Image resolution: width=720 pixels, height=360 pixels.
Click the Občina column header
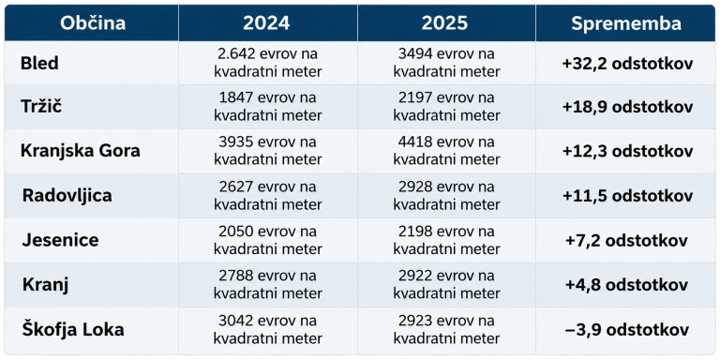tap(92, 23)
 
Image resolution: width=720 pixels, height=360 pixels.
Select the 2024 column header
tap(266, 23)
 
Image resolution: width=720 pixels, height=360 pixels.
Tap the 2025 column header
tap(444, 23)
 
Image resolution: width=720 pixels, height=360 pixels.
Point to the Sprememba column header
tap(626, 23)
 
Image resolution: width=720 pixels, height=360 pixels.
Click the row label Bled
tap(39, 64)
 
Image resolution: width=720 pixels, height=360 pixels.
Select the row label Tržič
tap(41, 107)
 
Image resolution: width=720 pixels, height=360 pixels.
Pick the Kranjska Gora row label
tap(81, 152)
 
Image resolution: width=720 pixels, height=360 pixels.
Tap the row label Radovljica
tap(67, 196)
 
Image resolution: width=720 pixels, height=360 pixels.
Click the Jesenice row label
tap(60, 240)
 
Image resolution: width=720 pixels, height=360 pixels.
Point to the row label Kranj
tap(45, 285)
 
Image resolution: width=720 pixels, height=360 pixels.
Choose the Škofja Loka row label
tap(73, 330)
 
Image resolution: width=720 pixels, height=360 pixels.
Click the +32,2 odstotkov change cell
tap(627, 64)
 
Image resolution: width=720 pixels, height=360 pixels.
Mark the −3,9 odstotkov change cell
tap(627, 330)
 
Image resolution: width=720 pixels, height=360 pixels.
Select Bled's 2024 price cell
tap(268, 63)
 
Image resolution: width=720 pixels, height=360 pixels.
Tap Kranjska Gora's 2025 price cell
tap(447, 151)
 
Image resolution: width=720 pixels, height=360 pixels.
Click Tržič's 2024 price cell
tap(268, 107)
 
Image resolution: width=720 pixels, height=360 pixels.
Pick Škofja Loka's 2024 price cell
tap(268, 330)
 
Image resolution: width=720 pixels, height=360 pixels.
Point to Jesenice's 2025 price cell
tap(447, 240)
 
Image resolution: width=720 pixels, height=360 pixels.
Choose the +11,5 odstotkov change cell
tap(627, 196)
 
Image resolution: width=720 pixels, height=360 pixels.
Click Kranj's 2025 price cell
tap(447, 285)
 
